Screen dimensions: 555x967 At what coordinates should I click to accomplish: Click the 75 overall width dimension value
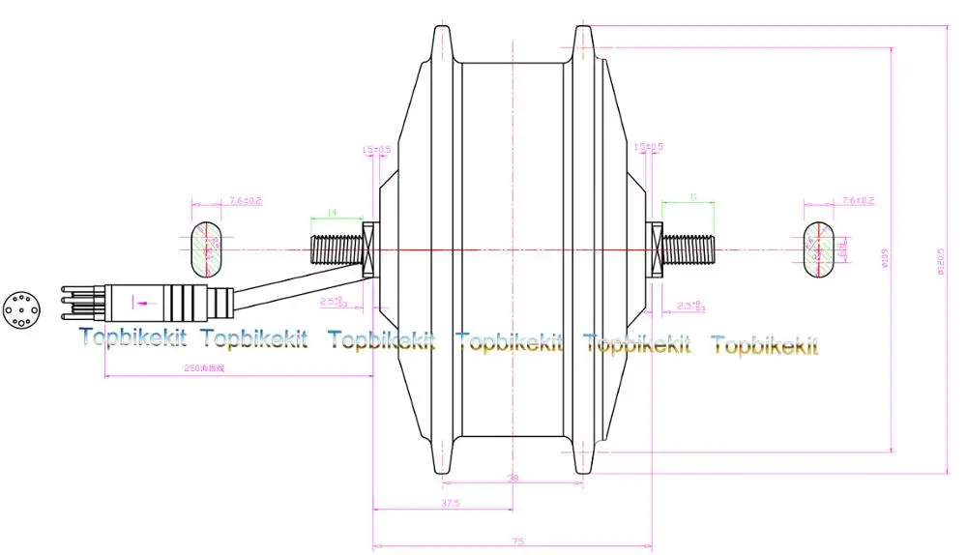click(518, 541)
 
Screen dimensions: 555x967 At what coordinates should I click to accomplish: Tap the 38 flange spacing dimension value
click(513, 478)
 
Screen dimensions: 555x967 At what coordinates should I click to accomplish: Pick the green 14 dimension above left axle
click(332, 212)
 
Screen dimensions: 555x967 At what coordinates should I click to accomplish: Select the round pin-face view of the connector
click(19, 308)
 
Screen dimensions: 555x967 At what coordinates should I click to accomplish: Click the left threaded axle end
click(334, 248)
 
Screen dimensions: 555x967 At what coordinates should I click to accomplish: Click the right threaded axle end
click(688, 248)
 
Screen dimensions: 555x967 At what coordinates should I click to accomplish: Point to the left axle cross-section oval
click(206, 248)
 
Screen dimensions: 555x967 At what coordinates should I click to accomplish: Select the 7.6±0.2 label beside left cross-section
click(247, 200)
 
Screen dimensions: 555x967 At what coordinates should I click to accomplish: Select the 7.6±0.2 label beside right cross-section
click(858, 200)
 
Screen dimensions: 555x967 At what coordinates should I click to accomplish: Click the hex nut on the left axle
click(367, 249)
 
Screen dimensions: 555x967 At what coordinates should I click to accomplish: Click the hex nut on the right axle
click(656, 249)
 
